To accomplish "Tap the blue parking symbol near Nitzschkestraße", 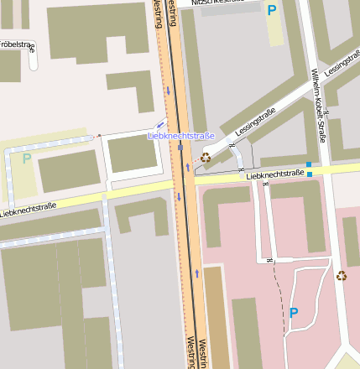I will [x=271, y=10].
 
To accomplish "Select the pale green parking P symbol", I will [x=26, y=159].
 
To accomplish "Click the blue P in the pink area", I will [x=294, y=312].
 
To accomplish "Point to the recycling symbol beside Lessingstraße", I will [x=206, y=157].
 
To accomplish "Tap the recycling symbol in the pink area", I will [x=342, y=275].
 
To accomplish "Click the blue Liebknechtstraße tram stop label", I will [x=181, y=135].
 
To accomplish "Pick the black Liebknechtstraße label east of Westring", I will [x=274, y=174].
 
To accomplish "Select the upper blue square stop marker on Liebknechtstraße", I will [x=309, y=164].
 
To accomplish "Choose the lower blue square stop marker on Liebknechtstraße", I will [x=310, y=174].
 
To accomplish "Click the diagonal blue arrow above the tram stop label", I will [x=160, y=124].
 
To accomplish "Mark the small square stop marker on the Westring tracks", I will [x=180, y=148].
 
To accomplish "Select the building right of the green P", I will [x=69, y=170].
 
